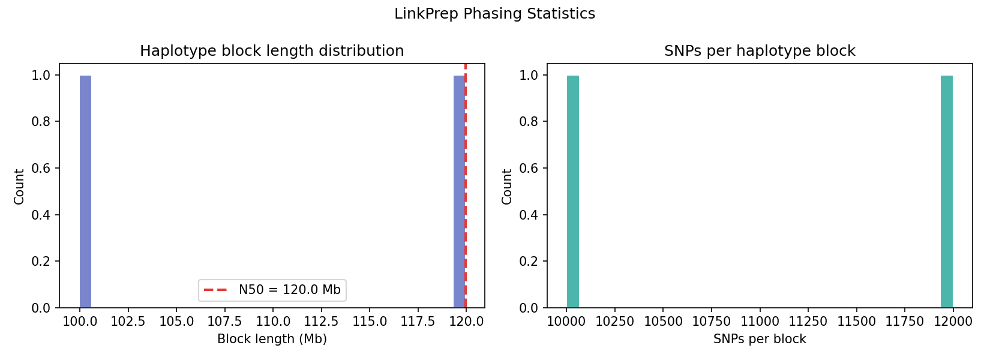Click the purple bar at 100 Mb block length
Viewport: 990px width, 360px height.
click(x=85, y=192)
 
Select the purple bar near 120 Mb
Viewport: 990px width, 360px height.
click(x=458, y=192)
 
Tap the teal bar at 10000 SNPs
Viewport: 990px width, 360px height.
click(x=572, y=192)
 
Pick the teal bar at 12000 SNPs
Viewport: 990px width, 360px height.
click(x=946, y=192)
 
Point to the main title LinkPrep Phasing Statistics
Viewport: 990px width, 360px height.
click(x=494, y=14)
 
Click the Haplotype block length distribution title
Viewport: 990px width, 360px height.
click(x=272, y=51)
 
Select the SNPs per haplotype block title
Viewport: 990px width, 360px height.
click(x=760, y=51)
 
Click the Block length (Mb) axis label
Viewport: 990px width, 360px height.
click(x=272, y=339)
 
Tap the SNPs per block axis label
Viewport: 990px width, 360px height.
click(x=760, y=339)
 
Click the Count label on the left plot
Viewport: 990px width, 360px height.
click(x=19, y=187)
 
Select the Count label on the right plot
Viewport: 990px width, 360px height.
click(x=507, y=187)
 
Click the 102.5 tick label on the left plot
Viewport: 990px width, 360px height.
click(x=128, y=321)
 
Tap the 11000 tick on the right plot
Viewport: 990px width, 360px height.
click(x=760, y=321)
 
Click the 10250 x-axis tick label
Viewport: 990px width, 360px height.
click(x=614, y=321)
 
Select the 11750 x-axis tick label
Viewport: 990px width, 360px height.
click(x=905, y=321)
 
